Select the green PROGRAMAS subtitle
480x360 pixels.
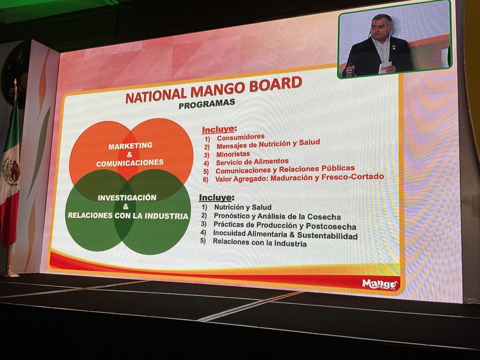pos(207,104)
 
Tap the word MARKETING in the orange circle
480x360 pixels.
pos(130,146)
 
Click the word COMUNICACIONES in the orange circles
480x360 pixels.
pos(130,163)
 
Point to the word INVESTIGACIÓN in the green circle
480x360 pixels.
pos(127,198)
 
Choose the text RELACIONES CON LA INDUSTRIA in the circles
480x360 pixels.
pos(128,216)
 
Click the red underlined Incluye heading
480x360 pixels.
pos(219,129)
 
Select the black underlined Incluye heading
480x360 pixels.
pos(217,197)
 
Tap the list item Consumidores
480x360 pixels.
pos(240,137)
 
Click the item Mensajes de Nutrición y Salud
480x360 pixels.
pos(268,144)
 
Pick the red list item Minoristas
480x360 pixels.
pos(233,154)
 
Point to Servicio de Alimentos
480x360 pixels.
pos(252,162)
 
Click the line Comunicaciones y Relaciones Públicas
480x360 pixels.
pos(285,169)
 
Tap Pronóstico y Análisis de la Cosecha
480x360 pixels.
pos(277,217)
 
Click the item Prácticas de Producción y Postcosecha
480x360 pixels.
pos(285,226)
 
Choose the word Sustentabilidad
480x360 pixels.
pos(328,236)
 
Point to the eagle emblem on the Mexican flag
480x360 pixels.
pos(10,172)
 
